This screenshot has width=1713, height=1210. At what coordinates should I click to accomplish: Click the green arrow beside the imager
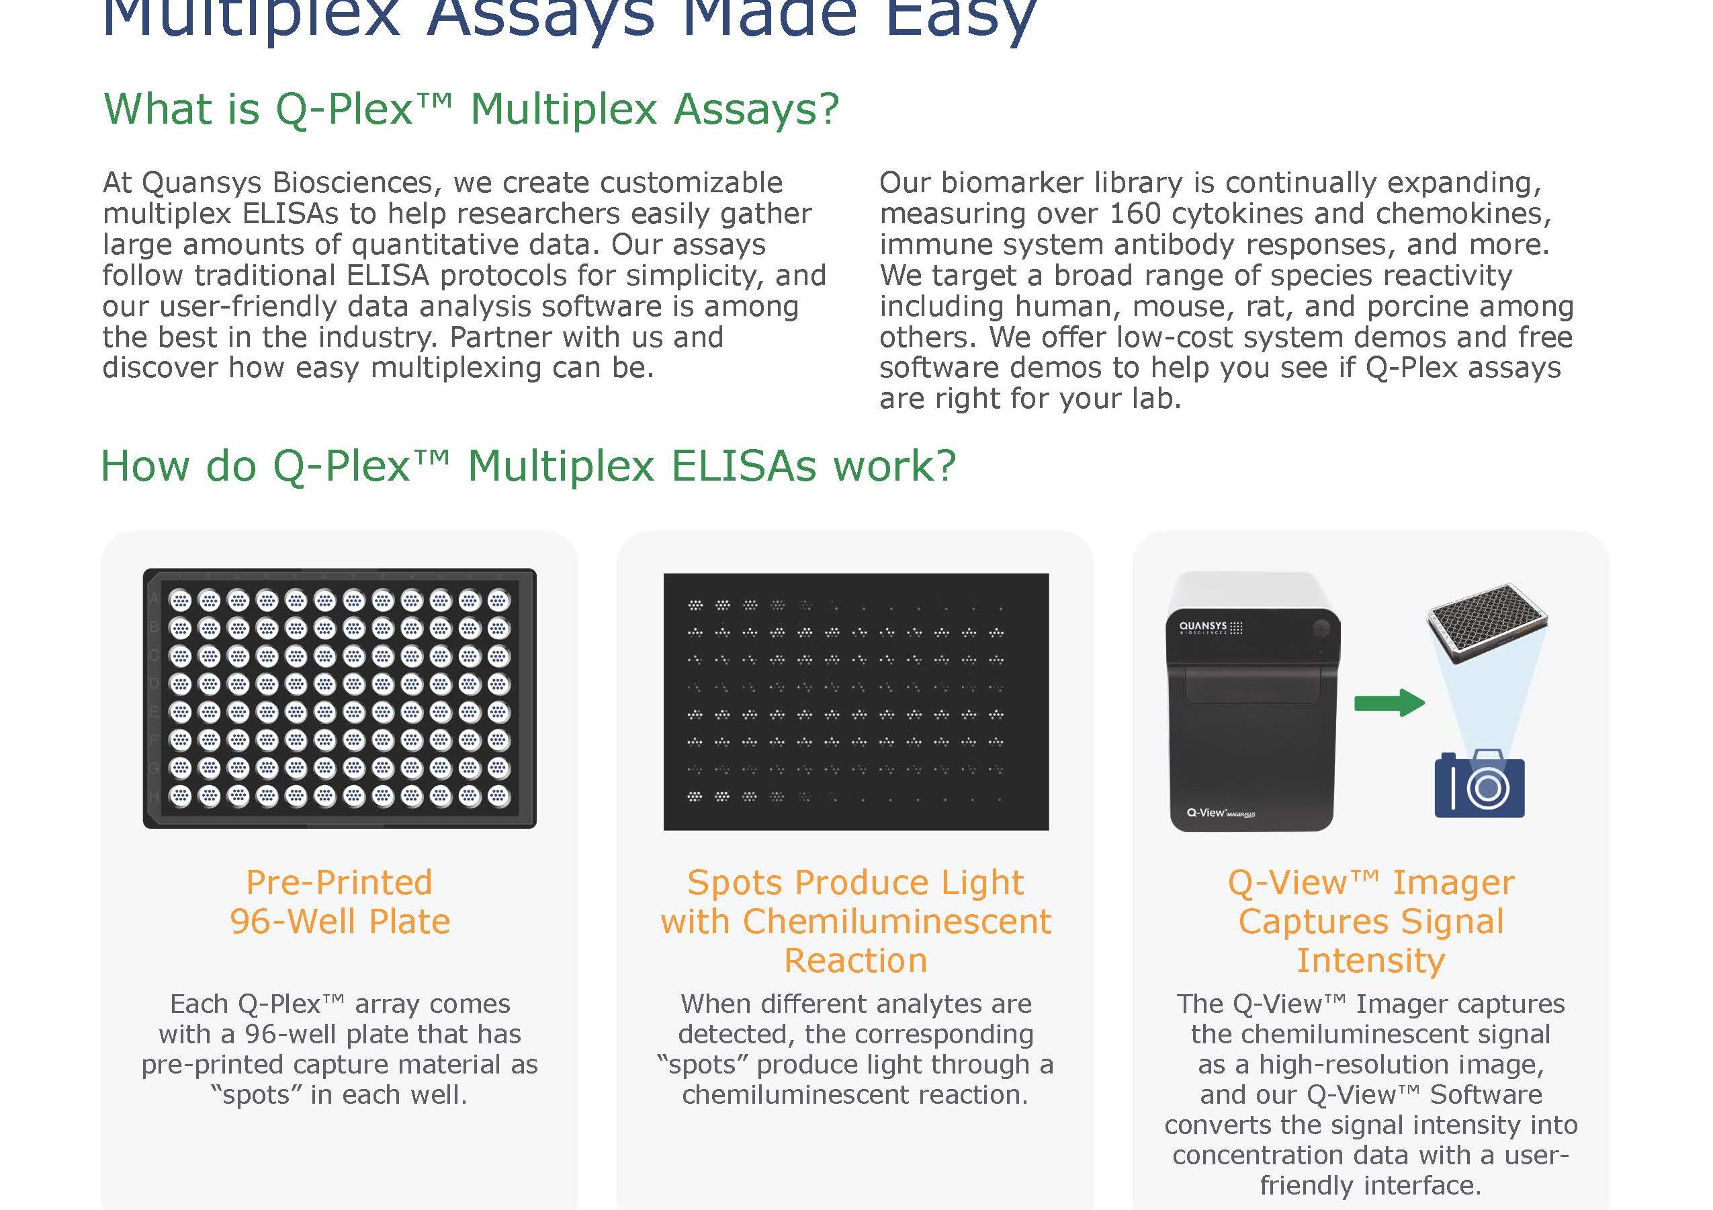pyautogui.click(x=1389, y=702)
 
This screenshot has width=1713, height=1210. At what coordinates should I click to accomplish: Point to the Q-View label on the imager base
pyautogui.click(x=1221, y=812)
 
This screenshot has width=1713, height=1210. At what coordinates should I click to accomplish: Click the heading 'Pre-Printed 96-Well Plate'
pyautogui.click(x=339, y=901)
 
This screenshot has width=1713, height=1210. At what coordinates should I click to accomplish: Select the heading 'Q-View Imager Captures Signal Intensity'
pyautogui.click(x=1371, y=921)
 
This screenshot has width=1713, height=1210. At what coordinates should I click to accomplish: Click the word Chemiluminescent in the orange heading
pyautogui.click(x=897, y=921)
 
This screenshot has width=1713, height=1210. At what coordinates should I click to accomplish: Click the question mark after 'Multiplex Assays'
pyautogui.click(x=828, y=109)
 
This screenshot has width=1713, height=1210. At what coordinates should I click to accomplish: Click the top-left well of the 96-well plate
pyautogui.click(x=181, y=600)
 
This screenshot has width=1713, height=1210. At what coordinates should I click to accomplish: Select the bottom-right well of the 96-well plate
pyautogui.click(x=498, y=796)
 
